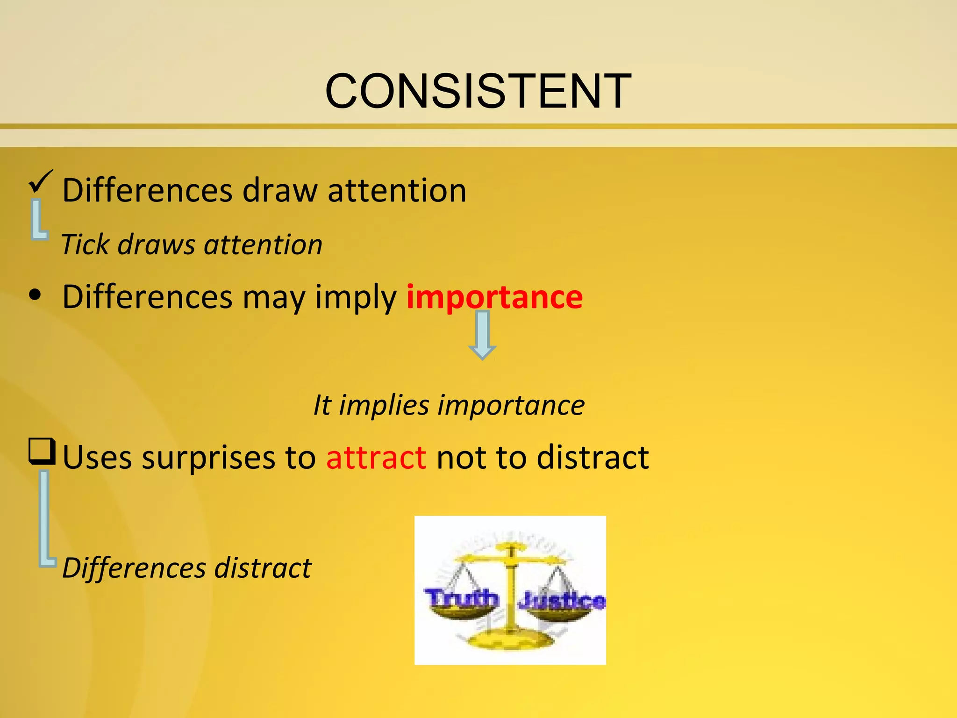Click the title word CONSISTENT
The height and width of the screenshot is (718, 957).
[478, 92]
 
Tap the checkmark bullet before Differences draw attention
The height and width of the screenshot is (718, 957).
[41, 181]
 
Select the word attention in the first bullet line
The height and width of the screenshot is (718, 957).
[397, 191]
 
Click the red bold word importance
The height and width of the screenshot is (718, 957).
[494, 297]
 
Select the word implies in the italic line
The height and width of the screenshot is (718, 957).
[384, 405]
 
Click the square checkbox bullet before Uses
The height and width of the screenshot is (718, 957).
[42, 452]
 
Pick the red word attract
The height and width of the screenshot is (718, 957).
[376, 457]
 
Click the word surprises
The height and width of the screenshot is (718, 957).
[208, 457]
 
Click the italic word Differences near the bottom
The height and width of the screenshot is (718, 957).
[134, 568]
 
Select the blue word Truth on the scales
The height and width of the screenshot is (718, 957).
[461, 598]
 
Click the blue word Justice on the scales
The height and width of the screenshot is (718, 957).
[562, 601]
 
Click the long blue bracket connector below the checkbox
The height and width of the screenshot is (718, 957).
[45, 519]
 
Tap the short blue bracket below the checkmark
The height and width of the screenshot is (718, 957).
[37, 220]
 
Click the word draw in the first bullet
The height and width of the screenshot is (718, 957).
[279, 191]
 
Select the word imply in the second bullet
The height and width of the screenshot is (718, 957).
[356, 298]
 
